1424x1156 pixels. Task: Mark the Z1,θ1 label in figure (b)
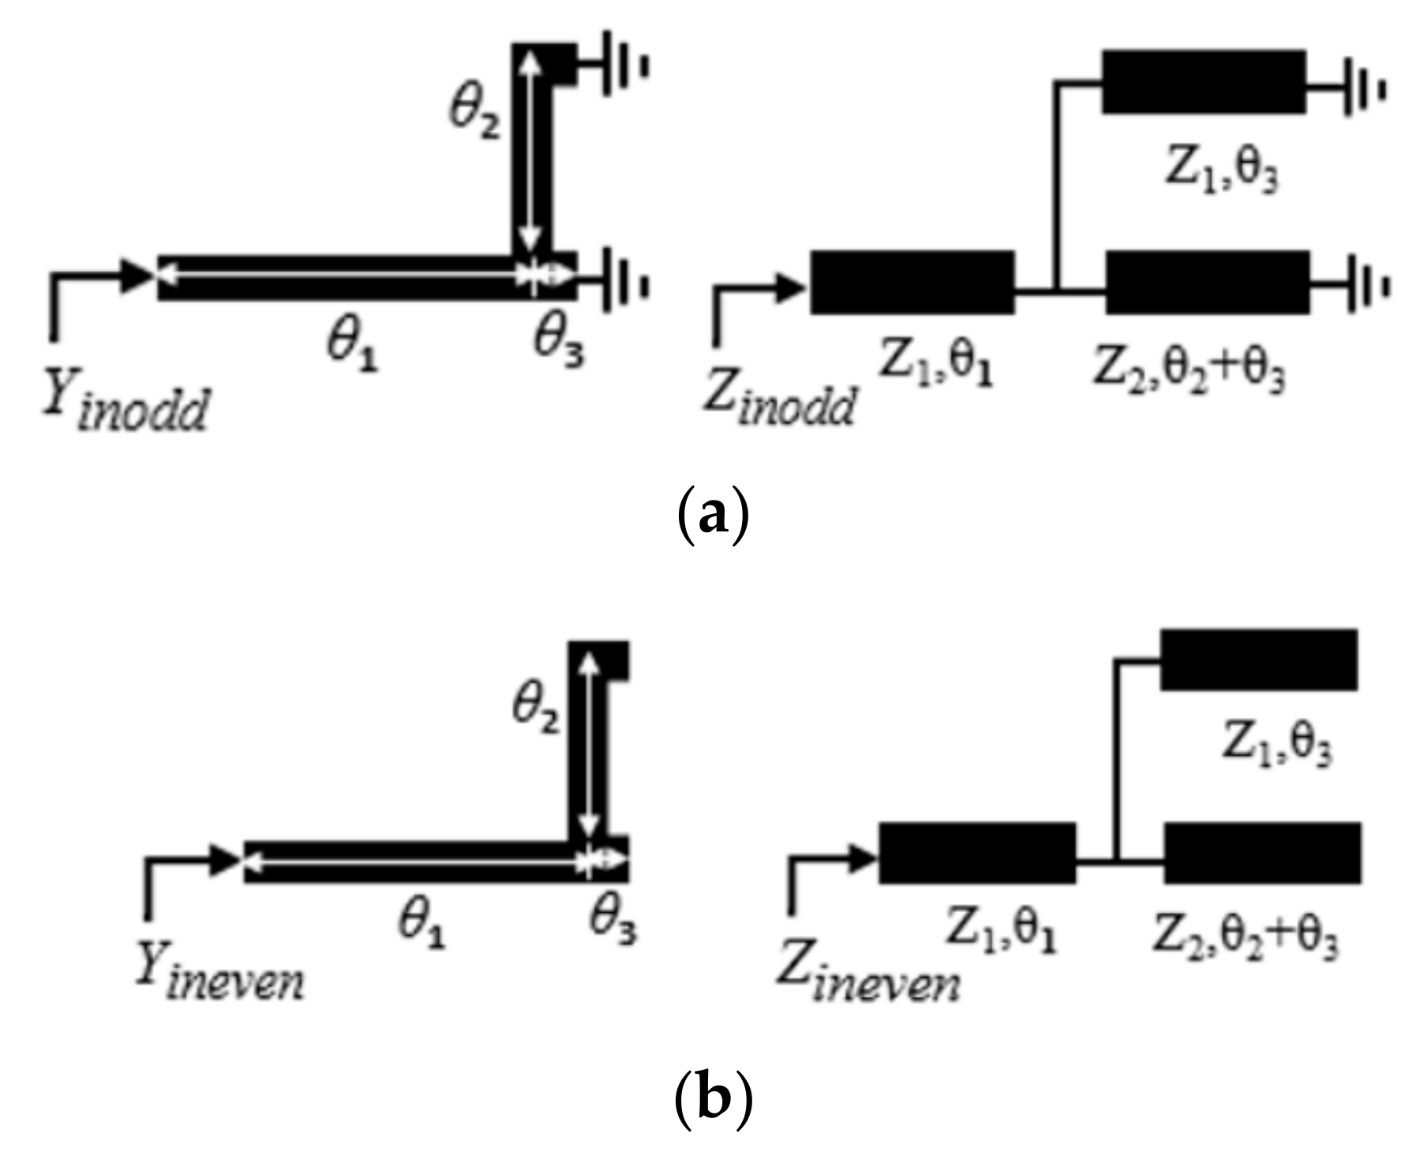1001,933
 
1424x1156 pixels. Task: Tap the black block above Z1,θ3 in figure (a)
1203,81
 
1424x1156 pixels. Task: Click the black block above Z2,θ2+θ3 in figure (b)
1262,853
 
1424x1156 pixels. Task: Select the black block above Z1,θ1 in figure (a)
912,282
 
